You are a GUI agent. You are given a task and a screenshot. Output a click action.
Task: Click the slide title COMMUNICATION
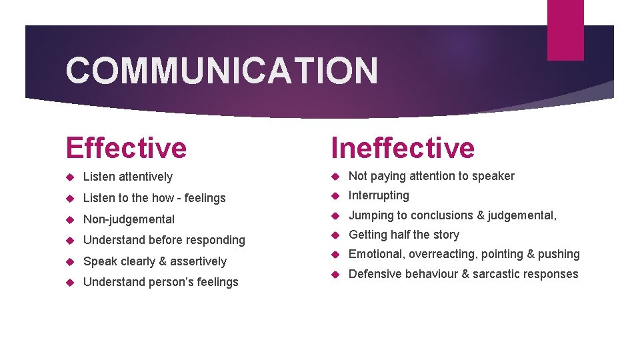222,71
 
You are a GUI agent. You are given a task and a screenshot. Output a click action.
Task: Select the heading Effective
126,147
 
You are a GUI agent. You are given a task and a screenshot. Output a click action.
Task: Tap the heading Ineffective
403,147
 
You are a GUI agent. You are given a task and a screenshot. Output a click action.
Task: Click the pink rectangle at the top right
565,29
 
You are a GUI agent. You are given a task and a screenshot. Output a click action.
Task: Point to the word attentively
145,177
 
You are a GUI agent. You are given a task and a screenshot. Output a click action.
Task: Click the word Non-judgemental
129,219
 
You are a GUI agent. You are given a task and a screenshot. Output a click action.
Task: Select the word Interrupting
379,195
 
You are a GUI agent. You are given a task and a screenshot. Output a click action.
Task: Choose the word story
445,235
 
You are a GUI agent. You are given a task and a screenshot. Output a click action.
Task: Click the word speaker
494,176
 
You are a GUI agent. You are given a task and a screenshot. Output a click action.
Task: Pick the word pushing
559,254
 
